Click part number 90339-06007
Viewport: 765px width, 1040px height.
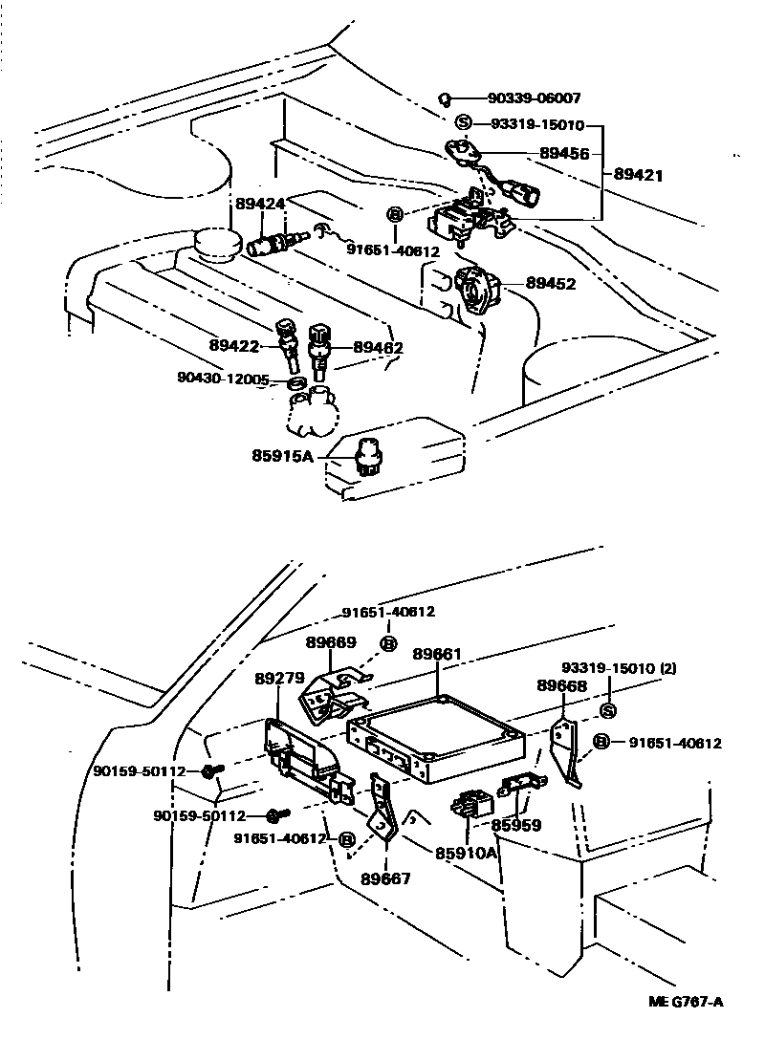(x=534, y=98)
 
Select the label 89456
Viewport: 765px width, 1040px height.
(x=564, y=153)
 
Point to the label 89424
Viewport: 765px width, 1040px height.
(x=259, y=205)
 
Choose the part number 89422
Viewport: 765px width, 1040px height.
(x=235, y=345)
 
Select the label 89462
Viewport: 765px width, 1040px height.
(x=378, y=349)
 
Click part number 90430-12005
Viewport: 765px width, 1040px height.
(x=223, y=379)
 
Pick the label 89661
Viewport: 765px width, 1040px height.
(x=437, y=655)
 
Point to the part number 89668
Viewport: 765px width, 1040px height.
(x=561, y=685)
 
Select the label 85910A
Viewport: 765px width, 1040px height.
(x=467, y=853)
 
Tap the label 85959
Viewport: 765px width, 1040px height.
(x=516, y=824)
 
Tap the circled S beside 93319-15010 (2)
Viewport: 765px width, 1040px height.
(x=608, y=710)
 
